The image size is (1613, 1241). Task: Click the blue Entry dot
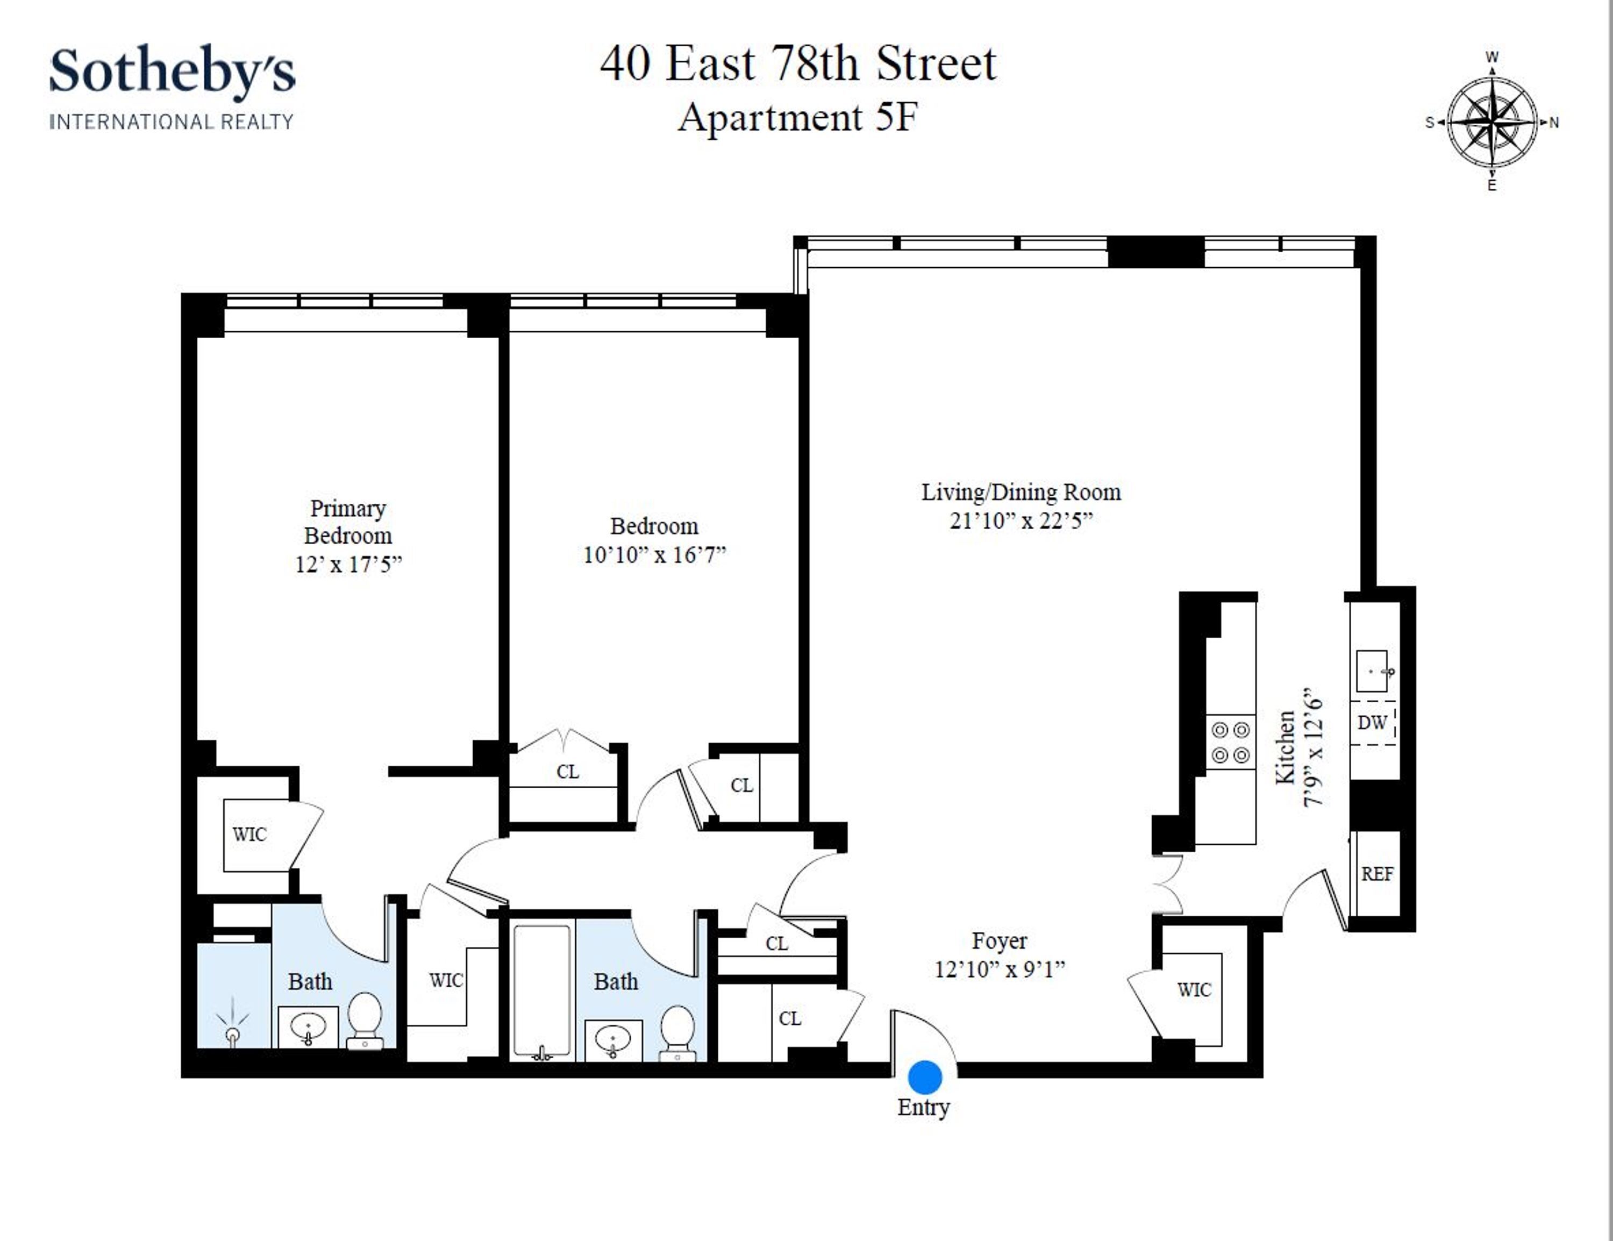click(925, 1077)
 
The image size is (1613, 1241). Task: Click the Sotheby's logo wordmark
click(172, 72)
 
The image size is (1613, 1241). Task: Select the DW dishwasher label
click(1372, 723)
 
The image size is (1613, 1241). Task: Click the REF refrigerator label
click(1376, 874)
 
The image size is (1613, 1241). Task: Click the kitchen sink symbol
click(1372, 671)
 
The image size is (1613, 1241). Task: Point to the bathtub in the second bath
click(541, 990)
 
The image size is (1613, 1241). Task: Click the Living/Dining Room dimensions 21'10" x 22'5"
click(1020, 521)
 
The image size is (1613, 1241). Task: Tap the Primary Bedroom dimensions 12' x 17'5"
click(348, 565)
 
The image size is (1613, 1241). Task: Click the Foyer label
click(998, 941)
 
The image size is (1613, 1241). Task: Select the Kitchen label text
click(1286, 747)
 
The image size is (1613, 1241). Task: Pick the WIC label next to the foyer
click(1194, 990)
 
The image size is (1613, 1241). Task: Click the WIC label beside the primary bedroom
click(249, 835)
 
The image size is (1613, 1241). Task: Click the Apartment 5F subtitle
click(798, 117)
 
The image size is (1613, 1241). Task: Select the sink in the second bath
click(613, 1040)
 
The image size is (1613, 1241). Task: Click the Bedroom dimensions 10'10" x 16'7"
click(654, 555)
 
